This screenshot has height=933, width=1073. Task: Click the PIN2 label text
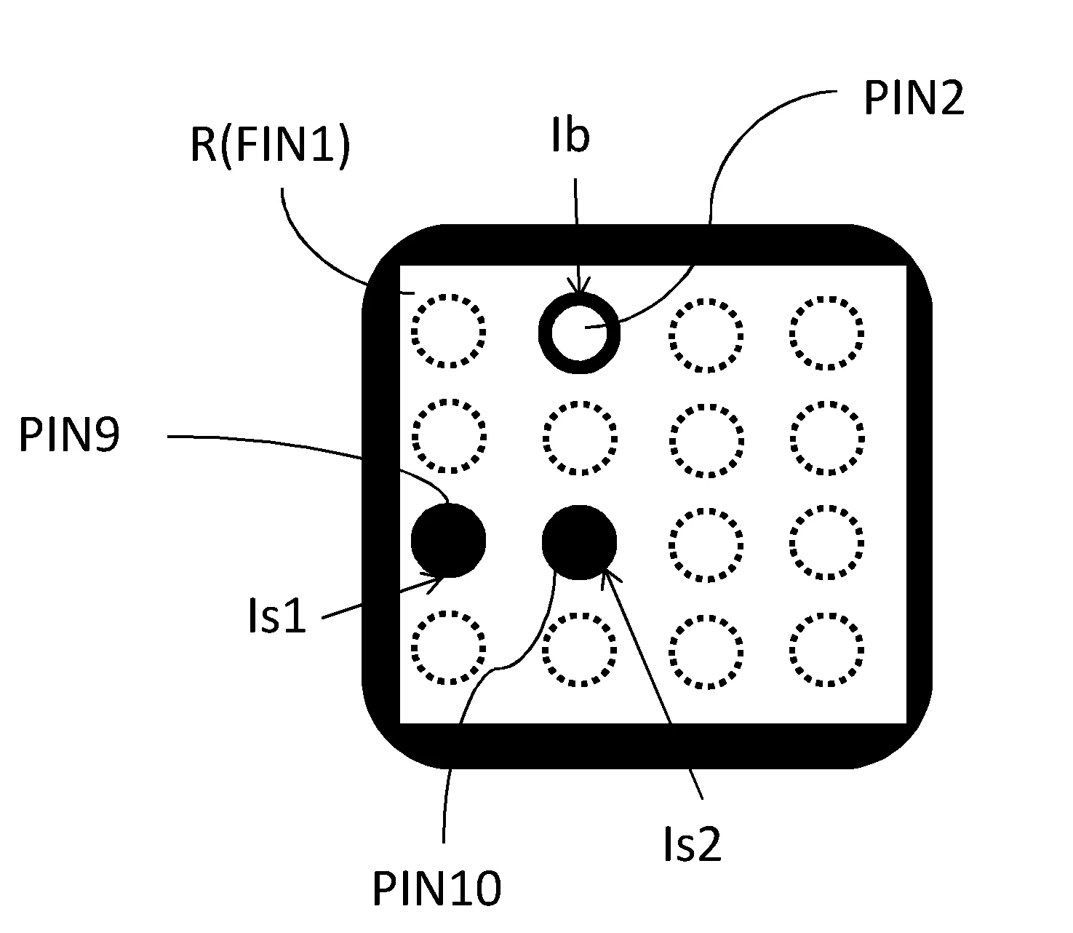pyautogui.click(x=913, y=99)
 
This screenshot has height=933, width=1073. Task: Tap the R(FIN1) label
pyautogui.click(x=270, y=145)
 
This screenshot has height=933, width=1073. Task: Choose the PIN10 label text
pyautogui.click(x=436, y=889)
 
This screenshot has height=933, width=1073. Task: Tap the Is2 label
pyautogui.click(x=692, y=845)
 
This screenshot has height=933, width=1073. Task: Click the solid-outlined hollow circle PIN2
pyautogui.click(x=579, y=333)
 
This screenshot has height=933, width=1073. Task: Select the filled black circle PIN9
pyautogui.click(x=448, y=541)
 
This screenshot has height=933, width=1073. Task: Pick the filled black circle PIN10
pyautogui.click(x=579, y=542)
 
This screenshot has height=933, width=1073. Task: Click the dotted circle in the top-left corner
pyautogui.click(x=448, y=331)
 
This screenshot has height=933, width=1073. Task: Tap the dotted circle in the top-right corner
pyautogui.click(x=826, y=333)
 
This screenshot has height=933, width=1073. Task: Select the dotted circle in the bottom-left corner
pyautogui.click(x=448, y=648)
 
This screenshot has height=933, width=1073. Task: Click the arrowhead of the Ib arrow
pyautogui.click(x=579, y=293)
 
